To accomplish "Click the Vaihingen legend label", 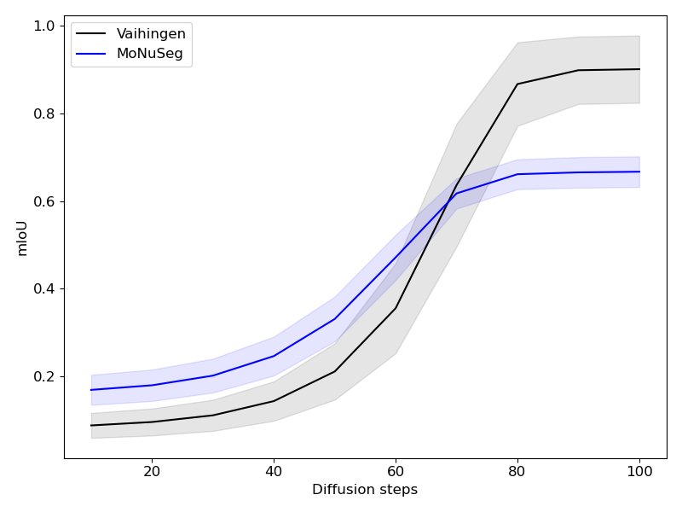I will coord(151,34).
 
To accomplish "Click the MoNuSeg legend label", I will coord(149,54).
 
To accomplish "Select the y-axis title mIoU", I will coord(23,237).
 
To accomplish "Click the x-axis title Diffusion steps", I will coord(365,490).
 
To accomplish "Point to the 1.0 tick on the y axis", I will coord(44,26).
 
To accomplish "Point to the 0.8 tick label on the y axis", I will coord(44,113).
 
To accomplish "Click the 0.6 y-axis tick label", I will coord(44,201).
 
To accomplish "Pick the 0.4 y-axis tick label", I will coord(44,288).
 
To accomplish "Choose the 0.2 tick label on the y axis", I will coord(44,376).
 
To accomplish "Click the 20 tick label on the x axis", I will coord(152,470).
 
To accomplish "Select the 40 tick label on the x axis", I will coord(274,470).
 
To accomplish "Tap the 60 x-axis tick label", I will coord(396,470).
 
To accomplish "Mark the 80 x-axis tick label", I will coord(517,470).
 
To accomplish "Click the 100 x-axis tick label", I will coord(639,470).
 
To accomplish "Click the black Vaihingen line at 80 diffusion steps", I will coord(517,84).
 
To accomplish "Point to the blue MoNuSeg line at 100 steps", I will coord(639,172).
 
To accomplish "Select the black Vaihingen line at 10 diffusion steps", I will coord(91,425).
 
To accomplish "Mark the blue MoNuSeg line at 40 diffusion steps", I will coord(274,356).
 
